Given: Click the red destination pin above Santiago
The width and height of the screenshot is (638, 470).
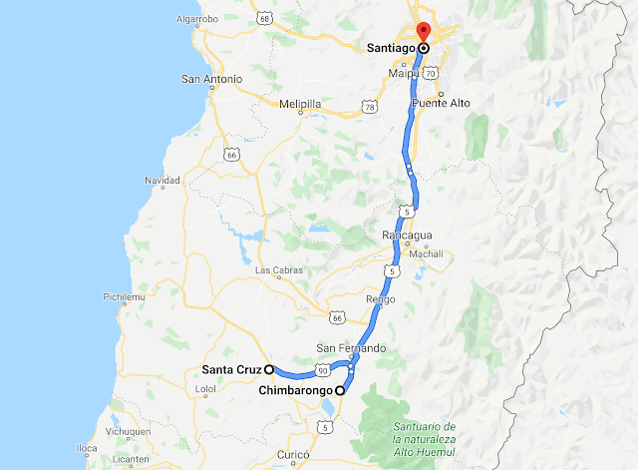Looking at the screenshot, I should tap(423, 31).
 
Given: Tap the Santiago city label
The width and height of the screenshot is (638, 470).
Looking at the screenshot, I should tap(388, 47).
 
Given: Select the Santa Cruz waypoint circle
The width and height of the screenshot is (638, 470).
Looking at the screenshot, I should tap(269, 368).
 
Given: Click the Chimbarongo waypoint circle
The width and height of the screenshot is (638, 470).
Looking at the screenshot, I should tap(339, 390).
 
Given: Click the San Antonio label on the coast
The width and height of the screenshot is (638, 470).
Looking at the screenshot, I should tap(211, 79).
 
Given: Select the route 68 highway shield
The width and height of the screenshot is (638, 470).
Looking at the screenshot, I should tap(263, 18).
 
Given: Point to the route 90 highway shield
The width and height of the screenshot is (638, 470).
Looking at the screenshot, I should tap(323, 370).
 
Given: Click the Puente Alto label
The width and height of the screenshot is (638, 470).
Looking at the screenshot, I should tap(447, 103).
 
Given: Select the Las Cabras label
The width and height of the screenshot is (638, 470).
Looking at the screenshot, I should tap(277, 269).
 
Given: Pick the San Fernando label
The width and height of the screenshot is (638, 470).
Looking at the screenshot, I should tap(350, 347).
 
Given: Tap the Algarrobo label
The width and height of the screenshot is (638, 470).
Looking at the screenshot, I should tap(196, 19).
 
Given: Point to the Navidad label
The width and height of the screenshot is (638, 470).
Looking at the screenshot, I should tap(160, 181).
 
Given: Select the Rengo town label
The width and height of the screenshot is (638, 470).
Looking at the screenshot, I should tap(380, 298).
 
